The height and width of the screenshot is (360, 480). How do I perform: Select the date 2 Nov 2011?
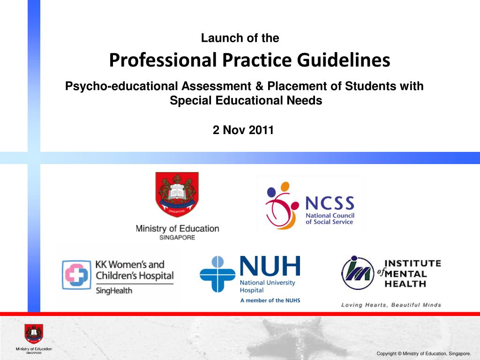(243, 130)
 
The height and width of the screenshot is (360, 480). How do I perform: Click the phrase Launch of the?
(240, 38)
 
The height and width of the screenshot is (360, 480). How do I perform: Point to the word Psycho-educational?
(121, 87)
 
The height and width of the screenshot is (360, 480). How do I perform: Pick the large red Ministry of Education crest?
(177, 195)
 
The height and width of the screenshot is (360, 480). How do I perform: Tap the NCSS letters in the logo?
(330, 203)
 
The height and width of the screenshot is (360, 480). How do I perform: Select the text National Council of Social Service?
(330, 218)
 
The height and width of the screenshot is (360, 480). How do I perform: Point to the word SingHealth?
(114, 291)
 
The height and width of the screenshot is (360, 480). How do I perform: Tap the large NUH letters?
(270, 267)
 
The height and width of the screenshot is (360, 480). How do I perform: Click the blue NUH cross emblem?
(217, 274)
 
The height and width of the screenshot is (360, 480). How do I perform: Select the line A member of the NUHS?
(270, 300)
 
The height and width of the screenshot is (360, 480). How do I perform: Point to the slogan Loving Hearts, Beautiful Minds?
(391, 305)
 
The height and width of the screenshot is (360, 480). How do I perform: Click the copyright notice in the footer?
(424, 353)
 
